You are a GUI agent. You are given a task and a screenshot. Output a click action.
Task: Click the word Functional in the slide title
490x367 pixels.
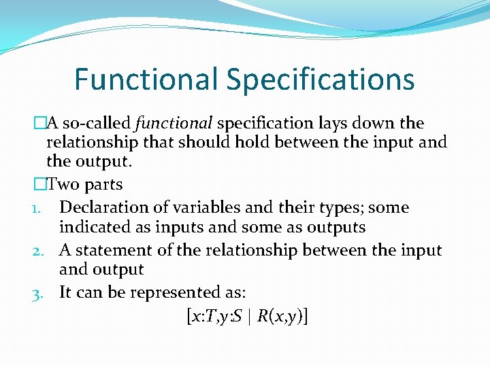pyautogui.click(x=147, y=79)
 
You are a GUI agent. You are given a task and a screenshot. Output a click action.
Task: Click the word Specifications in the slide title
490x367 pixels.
pyautogui.click(x=321, y=80)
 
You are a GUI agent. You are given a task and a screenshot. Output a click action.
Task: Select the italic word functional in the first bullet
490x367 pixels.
pyautogui.click(x=174, y=123)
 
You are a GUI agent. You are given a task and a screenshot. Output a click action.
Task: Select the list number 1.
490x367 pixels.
pyautogui.click(x=38, y=208)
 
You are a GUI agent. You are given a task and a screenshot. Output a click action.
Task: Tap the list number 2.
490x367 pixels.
pyautogui.click(x=39, y=251)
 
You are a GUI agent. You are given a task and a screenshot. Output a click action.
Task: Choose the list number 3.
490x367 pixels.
pyautogui.click(x=39, y=293)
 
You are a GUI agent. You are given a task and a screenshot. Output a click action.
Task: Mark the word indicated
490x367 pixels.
pyautogui.click(x=91, y=228)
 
